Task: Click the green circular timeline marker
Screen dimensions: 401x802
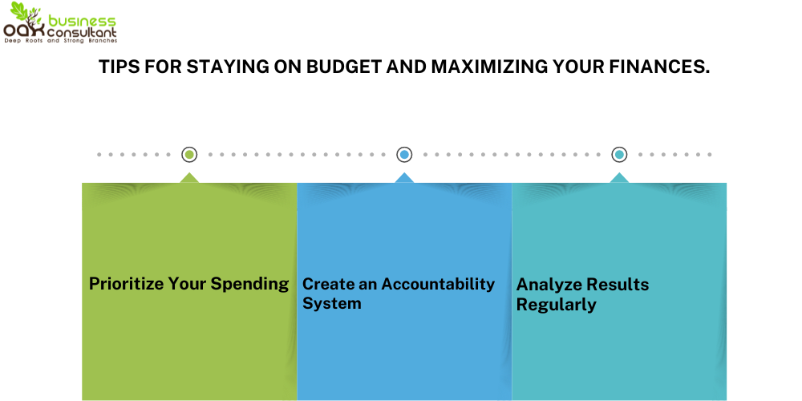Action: pos(189,155)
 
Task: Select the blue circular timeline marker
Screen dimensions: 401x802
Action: pos(404,155)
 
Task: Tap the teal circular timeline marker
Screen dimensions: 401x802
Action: pos(619,155)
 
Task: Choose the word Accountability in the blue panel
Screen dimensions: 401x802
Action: pos(438,284)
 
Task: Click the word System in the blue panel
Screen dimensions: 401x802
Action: pos(332,304)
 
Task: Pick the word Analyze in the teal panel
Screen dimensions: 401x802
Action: pos(547,285)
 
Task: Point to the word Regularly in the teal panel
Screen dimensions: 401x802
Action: pos(557,305)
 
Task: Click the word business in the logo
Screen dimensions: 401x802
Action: pos(81,20)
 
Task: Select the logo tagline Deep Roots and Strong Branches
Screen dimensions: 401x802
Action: pos(60,40)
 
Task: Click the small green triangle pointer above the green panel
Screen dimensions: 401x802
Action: pos(189,178)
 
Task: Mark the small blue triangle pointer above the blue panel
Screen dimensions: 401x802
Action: pos(404,178)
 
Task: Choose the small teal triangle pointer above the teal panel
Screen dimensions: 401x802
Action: pos(619,178)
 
